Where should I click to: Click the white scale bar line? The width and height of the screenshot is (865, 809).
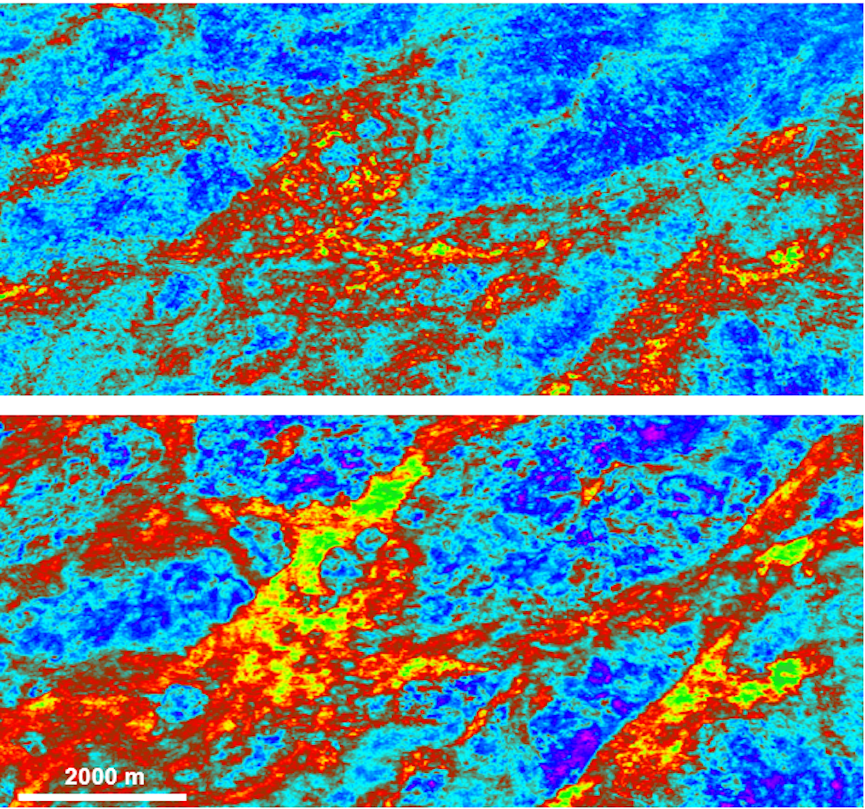coord(102,796)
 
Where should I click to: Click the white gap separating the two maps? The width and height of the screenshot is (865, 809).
coord(432,405)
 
